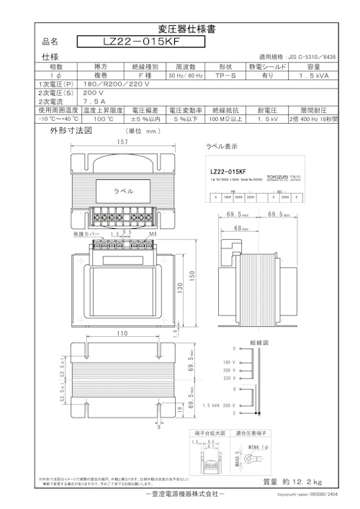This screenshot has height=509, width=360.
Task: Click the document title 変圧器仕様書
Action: tap(180, 30)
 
